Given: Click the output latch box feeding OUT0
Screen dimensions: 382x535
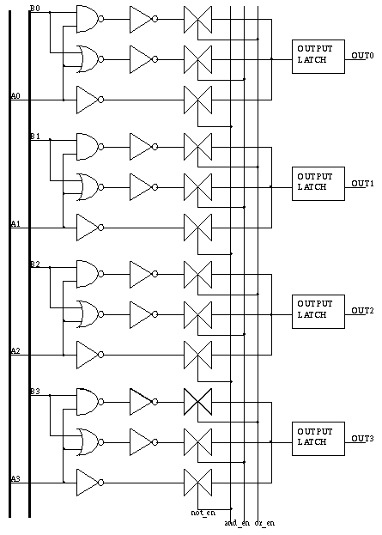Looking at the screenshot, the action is pos(318,57).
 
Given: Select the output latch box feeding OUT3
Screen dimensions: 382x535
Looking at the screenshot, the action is pos(318,439).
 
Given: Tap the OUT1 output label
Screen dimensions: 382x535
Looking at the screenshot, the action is pos(362,184).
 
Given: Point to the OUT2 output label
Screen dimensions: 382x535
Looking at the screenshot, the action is pos(362,311).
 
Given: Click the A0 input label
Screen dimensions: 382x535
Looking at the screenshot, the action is pos(15,96).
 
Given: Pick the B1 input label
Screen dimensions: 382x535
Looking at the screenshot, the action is pos(35,137).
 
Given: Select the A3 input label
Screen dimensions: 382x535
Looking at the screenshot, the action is pos(15,478).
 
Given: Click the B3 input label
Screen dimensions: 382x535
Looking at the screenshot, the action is pos(35,391).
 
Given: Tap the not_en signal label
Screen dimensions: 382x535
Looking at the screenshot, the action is pos(203,513).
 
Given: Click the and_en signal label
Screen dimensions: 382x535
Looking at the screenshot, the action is pos(237,523).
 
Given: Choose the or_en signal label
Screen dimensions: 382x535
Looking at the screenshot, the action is pos(264,523).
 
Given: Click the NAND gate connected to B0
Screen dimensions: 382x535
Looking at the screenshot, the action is pos(90,19).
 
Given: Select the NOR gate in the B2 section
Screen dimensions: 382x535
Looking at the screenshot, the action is pos(90,314).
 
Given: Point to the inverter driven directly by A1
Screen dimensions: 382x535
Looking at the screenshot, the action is pos(90,228).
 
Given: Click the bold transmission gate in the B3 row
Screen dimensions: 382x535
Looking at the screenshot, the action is pos(197,402).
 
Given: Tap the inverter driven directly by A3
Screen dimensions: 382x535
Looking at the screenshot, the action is pos(90,483).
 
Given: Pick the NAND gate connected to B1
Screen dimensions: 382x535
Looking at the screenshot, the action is pos(90,147).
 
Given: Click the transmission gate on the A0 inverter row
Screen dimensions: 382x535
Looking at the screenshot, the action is pos(197,100).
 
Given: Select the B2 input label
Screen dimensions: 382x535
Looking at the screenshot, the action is pos(35,264).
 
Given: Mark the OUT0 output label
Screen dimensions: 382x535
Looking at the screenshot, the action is pos(362,56).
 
